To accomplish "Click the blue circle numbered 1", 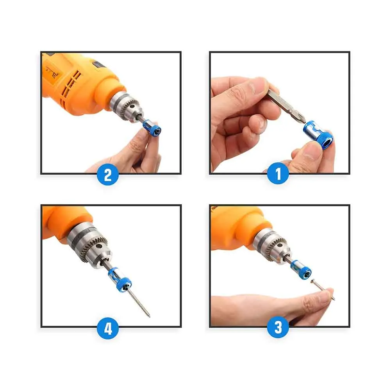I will [x=278, y=174].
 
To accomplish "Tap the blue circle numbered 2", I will [x=108, y=174].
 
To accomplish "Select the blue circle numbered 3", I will [x=278, y=327].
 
